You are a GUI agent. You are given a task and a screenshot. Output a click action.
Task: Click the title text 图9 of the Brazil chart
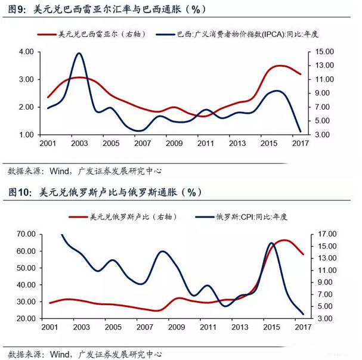(17, 8)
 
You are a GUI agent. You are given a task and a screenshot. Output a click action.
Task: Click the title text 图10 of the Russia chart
(19, 192)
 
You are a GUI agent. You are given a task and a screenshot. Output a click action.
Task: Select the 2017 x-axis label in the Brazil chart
(299, 144)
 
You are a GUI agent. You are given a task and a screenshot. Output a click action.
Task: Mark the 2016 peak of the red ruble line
(284, 240)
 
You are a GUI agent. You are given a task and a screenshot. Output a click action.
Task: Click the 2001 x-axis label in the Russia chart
(50, 328)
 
